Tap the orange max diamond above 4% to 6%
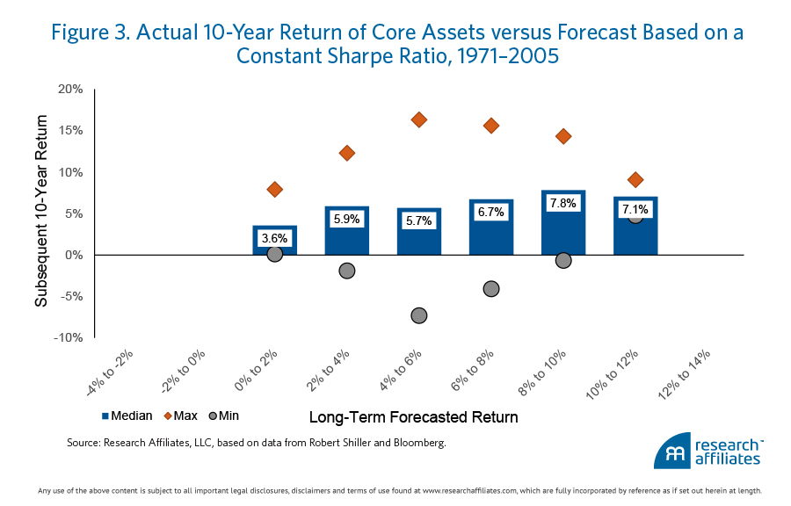point(419,119)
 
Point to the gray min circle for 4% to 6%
point(419,315)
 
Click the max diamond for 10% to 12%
point(635,180)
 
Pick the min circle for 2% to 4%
point(346,271)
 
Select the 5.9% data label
point(346,219)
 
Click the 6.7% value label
point(491,213)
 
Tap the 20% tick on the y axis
point(70,90)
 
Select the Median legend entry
point(127,416)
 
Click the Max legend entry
point(179,416)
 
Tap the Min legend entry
point(224,416)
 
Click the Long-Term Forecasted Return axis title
point(413,416)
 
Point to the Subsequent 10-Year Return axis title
point(41,215)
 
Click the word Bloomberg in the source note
point(414,443)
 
